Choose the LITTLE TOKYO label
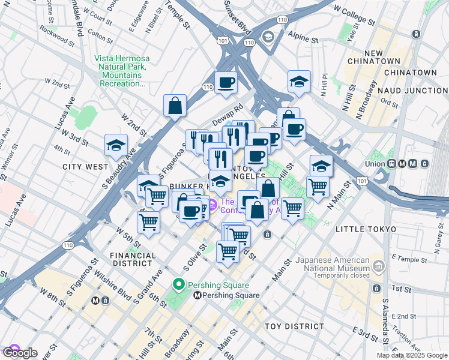366,229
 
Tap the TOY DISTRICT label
295,326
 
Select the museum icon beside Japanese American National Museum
378,265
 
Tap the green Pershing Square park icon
178,284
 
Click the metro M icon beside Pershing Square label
197,295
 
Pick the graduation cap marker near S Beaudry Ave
116,144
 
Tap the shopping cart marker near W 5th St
148,221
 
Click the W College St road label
354,16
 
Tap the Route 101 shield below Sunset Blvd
223,41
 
